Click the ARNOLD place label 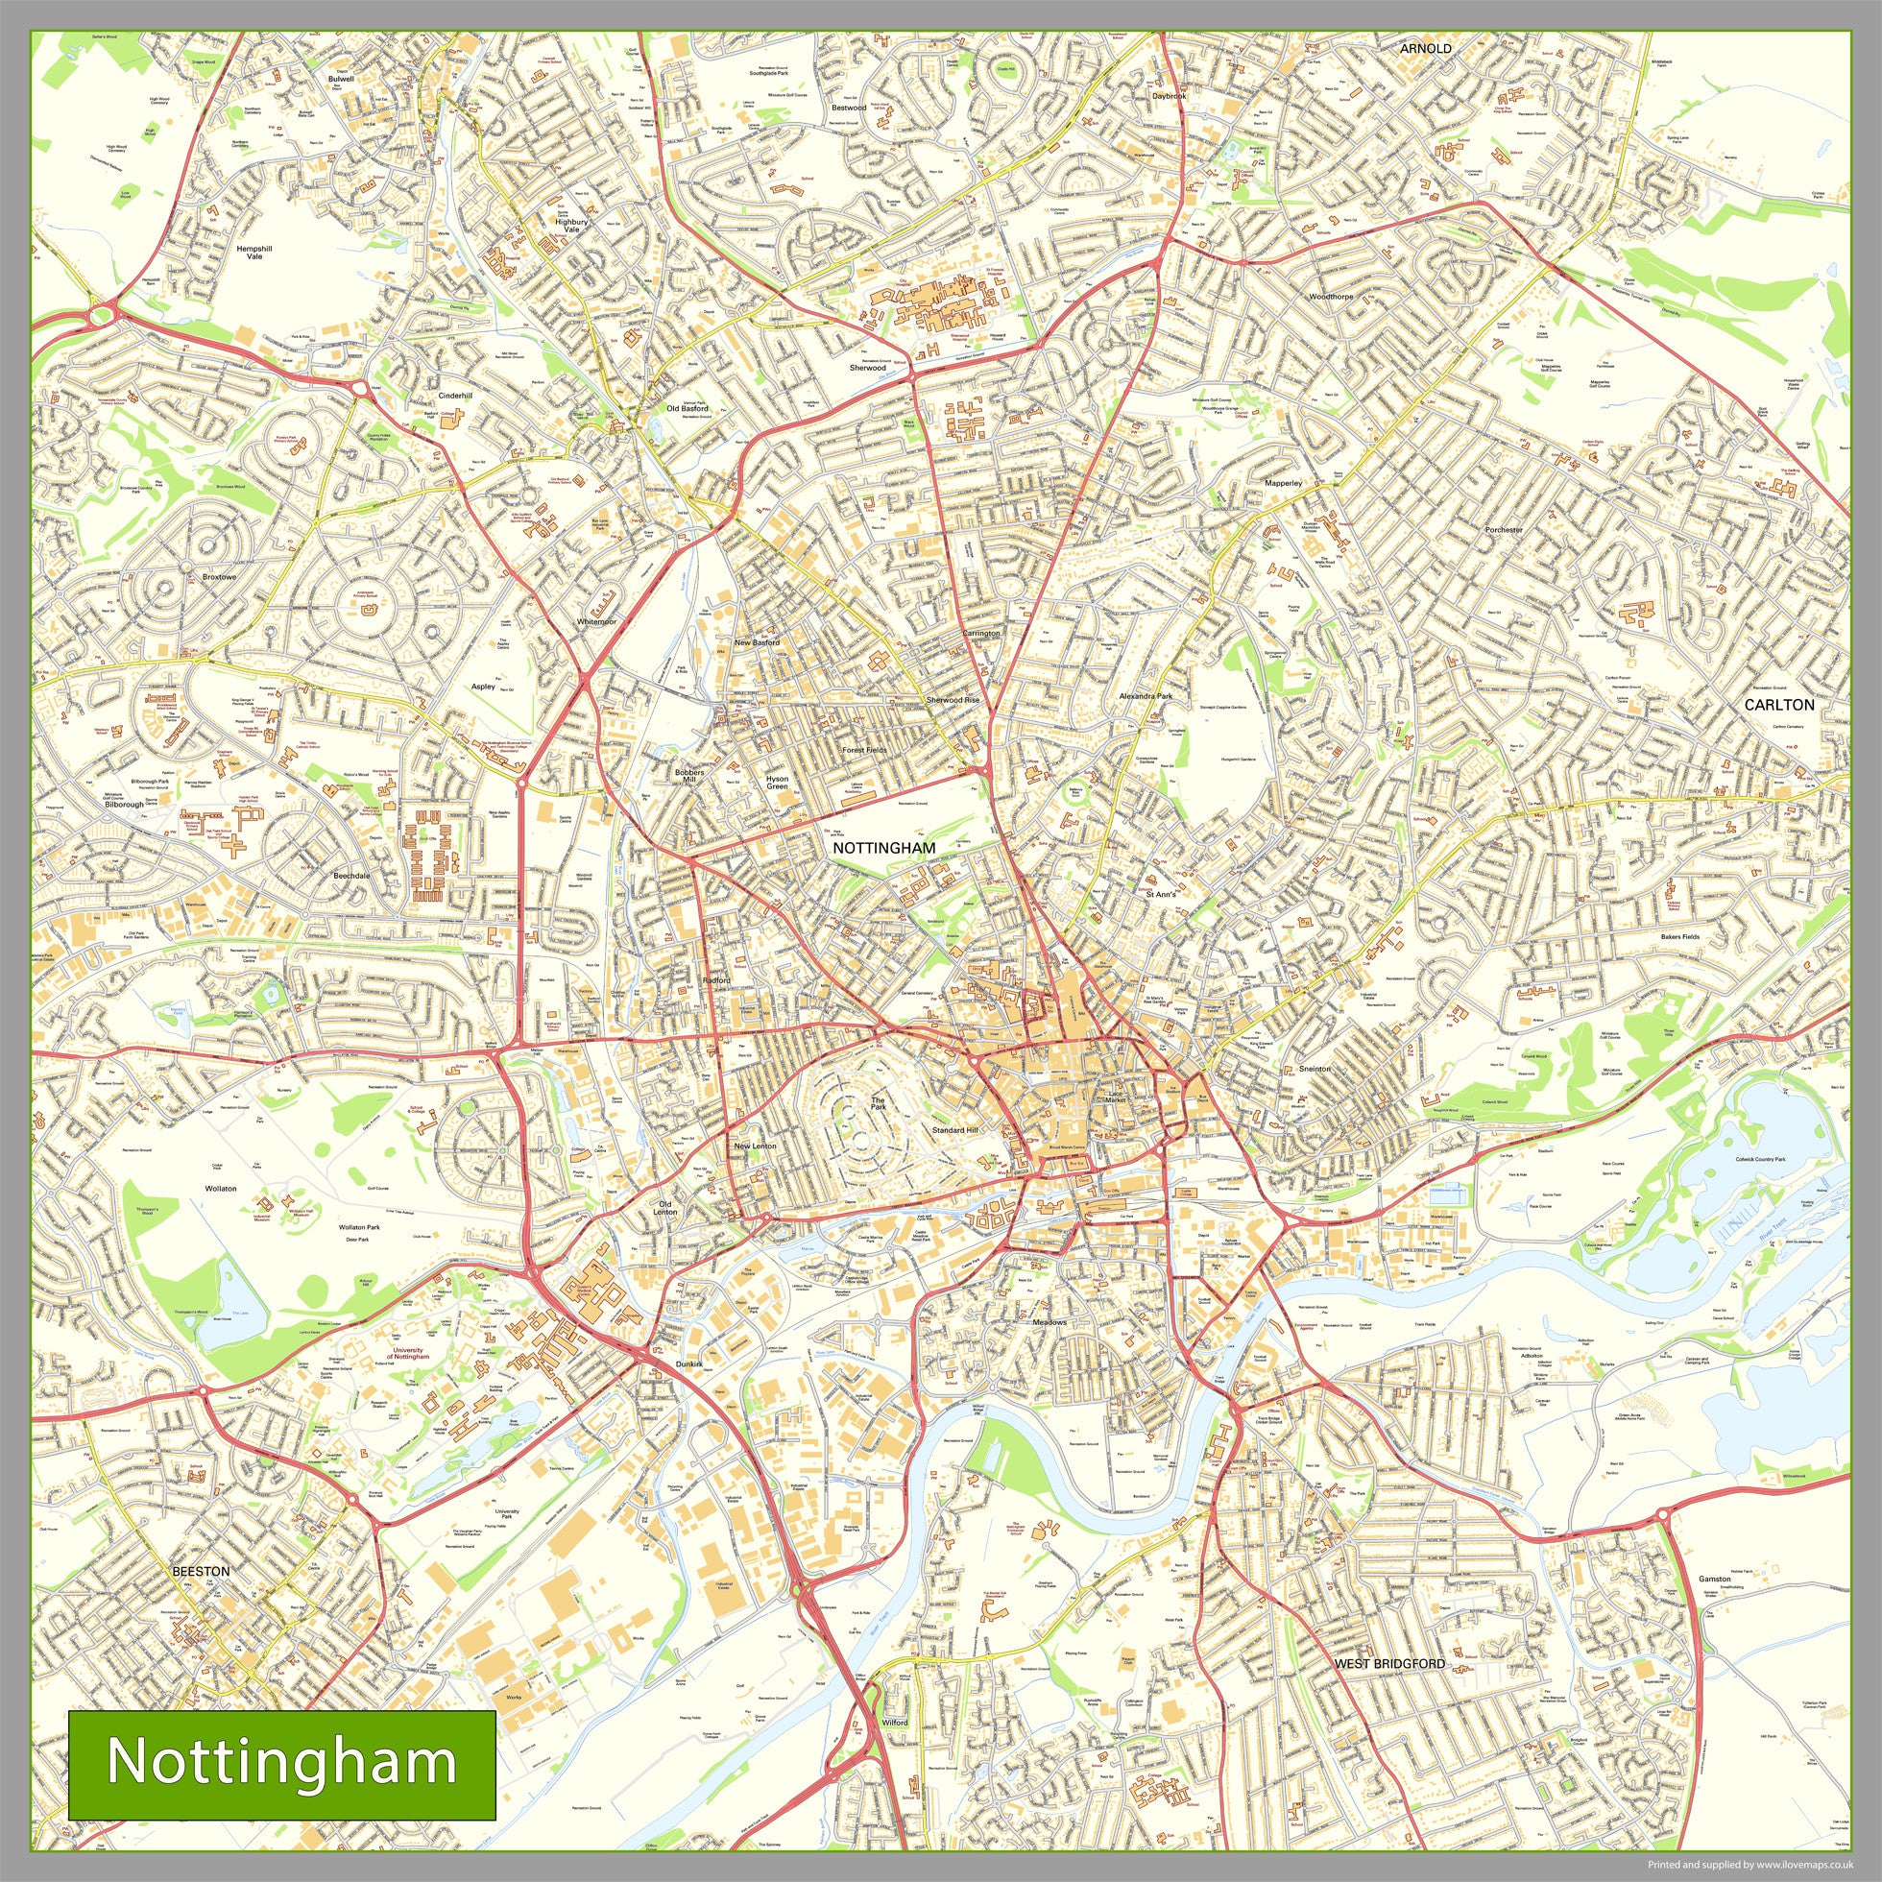1425,48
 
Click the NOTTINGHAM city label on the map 883,849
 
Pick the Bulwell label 341,78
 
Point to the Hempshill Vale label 254,253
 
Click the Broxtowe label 219,578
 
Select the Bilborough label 125,805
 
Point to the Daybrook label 1169,96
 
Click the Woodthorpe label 1331,296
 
